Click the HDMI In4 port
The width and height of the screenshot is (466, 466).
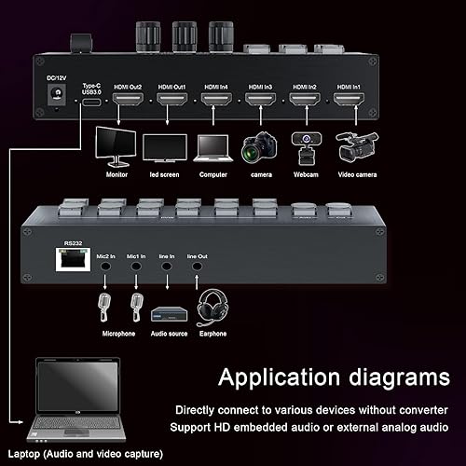click(215, 97)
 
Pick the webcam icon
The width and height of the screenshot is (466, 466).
click(303, 144)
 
